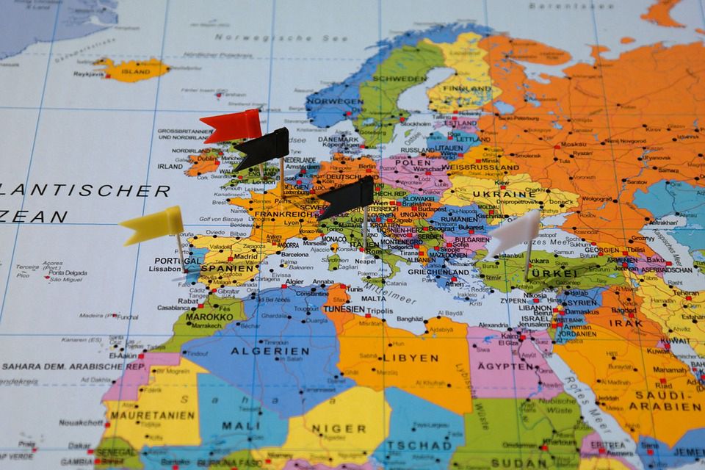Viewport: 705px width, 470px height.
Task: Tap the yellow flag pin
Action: pos(152,224)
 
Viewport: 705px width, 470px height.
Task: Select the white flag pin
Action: pos(514,234)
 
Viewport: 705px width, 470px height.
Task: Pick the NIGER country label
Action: pos(339,428)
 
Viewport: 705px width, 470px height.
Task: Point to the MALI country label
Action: pos(240,425)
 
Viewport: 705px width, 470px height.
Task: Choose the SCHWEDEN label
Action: pos(399,78)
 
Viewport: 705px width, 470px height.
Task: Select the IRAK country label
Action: pos(625,322)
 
